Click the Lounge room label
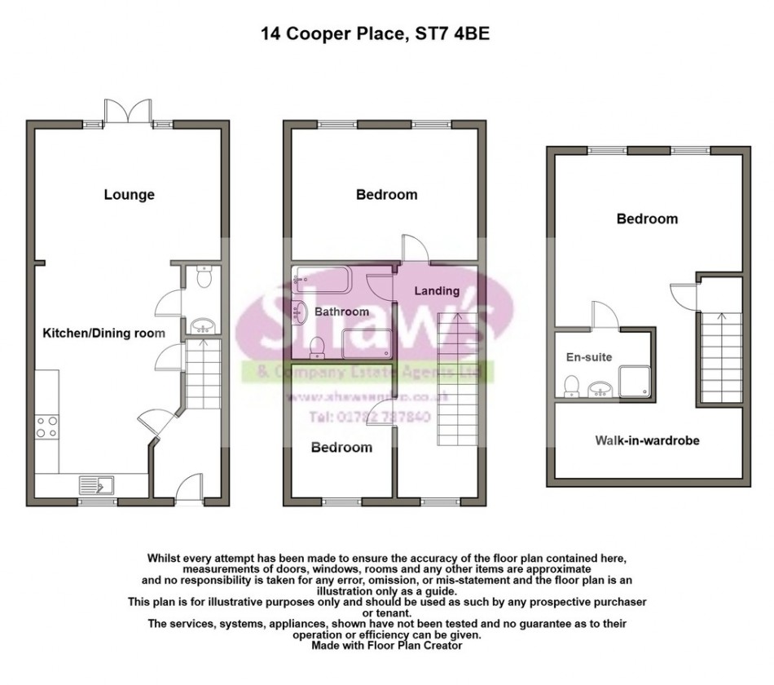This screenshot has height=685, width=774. pyautogui.click(x=129, y=195)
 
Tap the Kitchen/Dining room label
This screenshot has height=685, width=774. pyautogui.click(x=103, y=333)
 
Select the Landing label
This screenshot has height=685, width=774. pyautogui.click(x=437, y=291)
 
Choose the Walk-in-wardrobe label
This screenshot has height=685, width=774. pyautogui.click(x=648, y=440)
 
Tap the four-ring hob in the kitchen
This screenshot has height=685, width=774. pyautogui.click(x=46, y=427)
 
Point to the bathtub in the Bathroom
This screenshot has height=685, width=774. pyautogui.click(x=321, y=281)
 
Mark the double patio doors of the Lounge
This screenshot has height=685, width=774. pyautogui.click(x=127, y=113)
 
